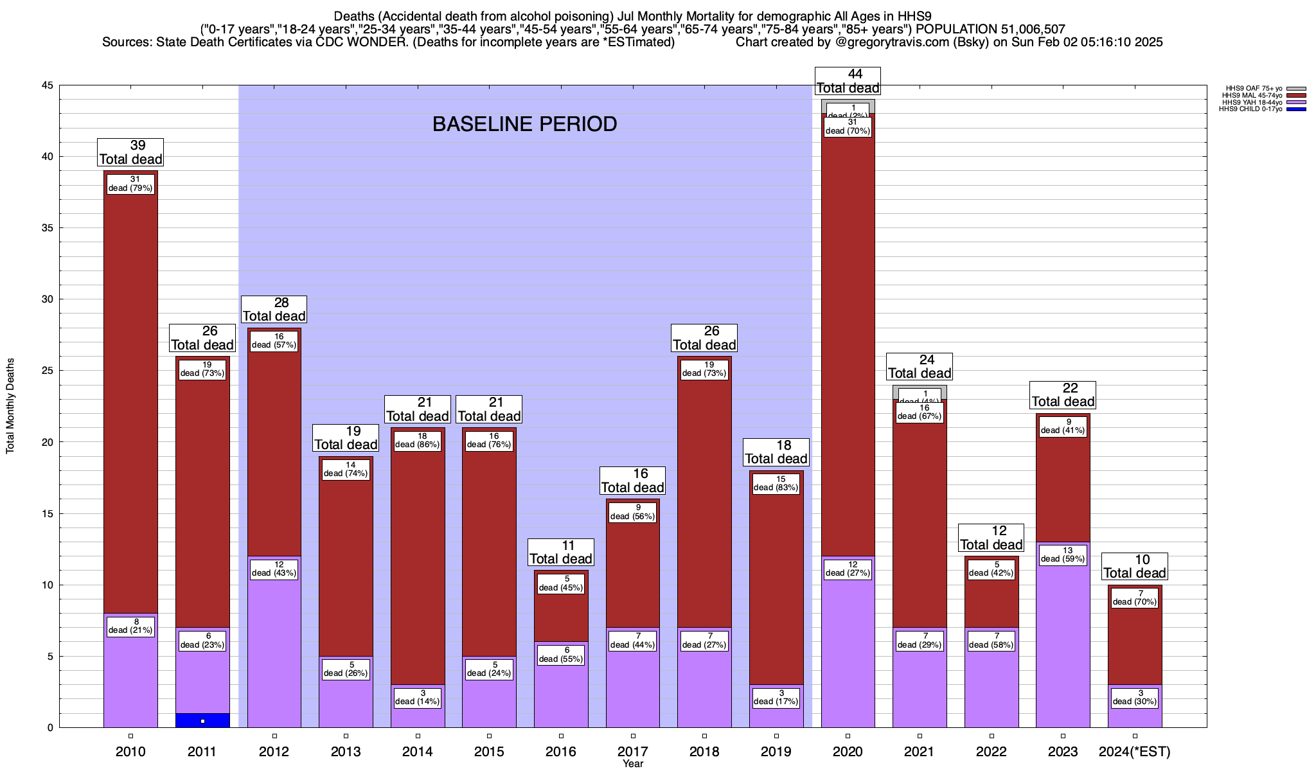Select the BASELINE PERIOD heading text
tap(524, 124)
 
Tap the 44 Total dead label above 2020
tap(848, 82)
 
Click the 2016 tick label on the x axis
tap(561, 752)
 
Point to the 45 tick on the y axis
tap(48, 85)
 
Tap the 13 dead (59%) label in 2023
tap(1063, 554)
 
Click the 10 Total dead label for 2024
tap(1135, 566)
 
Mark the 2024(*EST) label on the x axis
tap(1135, 752)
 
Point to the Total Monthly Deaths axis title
tap(10, 406)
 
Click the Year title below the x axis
tap(633, 764)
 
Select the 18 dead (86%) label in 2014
tap(418, 440)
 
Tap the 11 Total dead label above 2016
tap(561, 552)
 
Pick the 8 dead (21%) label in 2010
tap(130, 626)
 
